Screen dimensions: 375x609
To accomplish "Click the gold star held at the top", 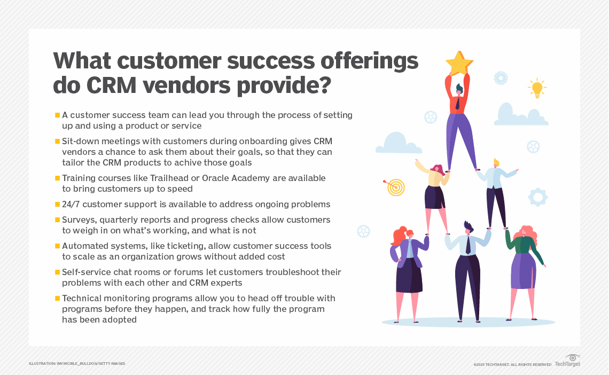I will pyautogui.click(x=459, y=63).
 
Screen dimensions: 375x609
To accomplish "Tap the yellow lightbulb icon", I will pyautogui.click(x=536, y=88).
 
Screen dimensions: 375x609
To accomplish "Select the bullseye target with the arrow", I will pyautogui.click(x=395, y=187).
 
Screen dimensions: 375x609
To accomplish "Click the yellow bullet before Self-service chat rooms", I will pyautogui.click(x=57, y=272).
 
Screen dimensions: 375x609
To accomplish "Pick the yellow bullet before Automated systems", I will pyautogui.click(x=57, y=246).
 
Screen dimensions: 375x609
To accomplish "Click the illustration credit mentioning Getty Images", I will pyautogui.click(x=77, y=364).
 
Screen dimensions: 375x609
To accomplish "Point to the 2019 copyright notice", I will pyautogui.click(x=512, y=364).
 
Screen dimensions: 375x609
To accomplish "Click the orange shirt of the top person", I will pyautogui.click(x=457, y=101).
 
